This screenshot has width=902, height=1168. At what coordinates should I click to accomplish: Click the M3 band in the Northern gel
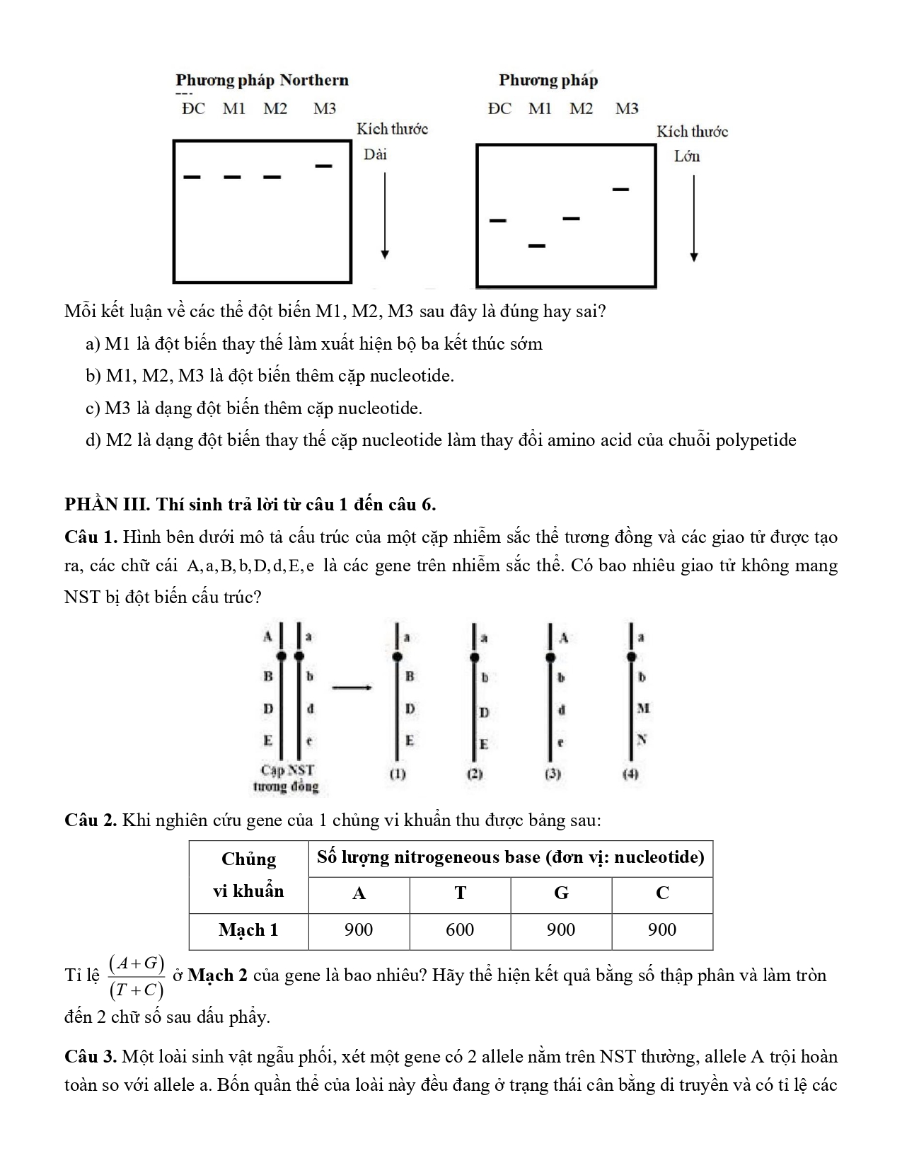[x=324, y=166]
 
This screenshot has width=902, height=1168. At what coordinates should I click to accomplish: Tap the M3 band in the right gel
[x=620, y=190]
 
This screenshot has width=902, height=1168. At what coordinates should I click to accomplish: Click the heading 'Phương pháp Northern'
[x=262, y=80]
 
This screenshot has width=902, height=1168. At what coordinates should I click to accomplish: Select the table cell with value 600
[x=460, y=930]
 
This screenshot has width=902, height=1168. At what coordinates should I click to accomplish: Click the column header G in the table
[x=561, y=893]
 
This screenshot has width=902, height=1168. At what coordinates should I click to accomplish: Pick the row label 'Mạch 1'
[x=248, y=930]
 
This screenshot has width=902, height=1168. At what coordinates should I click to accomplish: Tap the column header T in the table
[x=460, y=893]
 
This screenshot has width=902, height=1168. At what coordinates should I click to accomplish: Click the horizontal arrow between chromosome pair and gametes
[x=352, y=687]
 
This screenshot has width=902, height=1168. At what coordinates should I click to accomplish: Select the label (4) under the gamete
[x=630, y=774]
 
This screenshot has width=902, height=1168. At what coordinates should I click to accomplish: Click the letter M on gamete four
[x=642, y=708]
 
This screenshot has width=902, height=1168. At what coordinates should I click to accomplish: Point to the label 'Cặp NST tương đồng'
[x=287, y=778]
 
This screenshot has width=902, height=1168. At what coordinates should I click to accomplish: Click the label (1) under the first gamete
[x=398, y=774]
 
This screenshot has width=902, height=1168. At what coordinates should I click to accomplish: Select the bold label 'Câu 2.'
[x=90, y=820]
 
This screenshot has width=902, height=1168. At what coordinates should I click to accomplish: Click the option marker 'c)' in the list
[x=94, y=408]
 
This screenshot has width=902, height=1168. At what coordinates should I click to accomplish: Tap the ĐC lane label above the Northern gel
[x=192, y=109]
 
